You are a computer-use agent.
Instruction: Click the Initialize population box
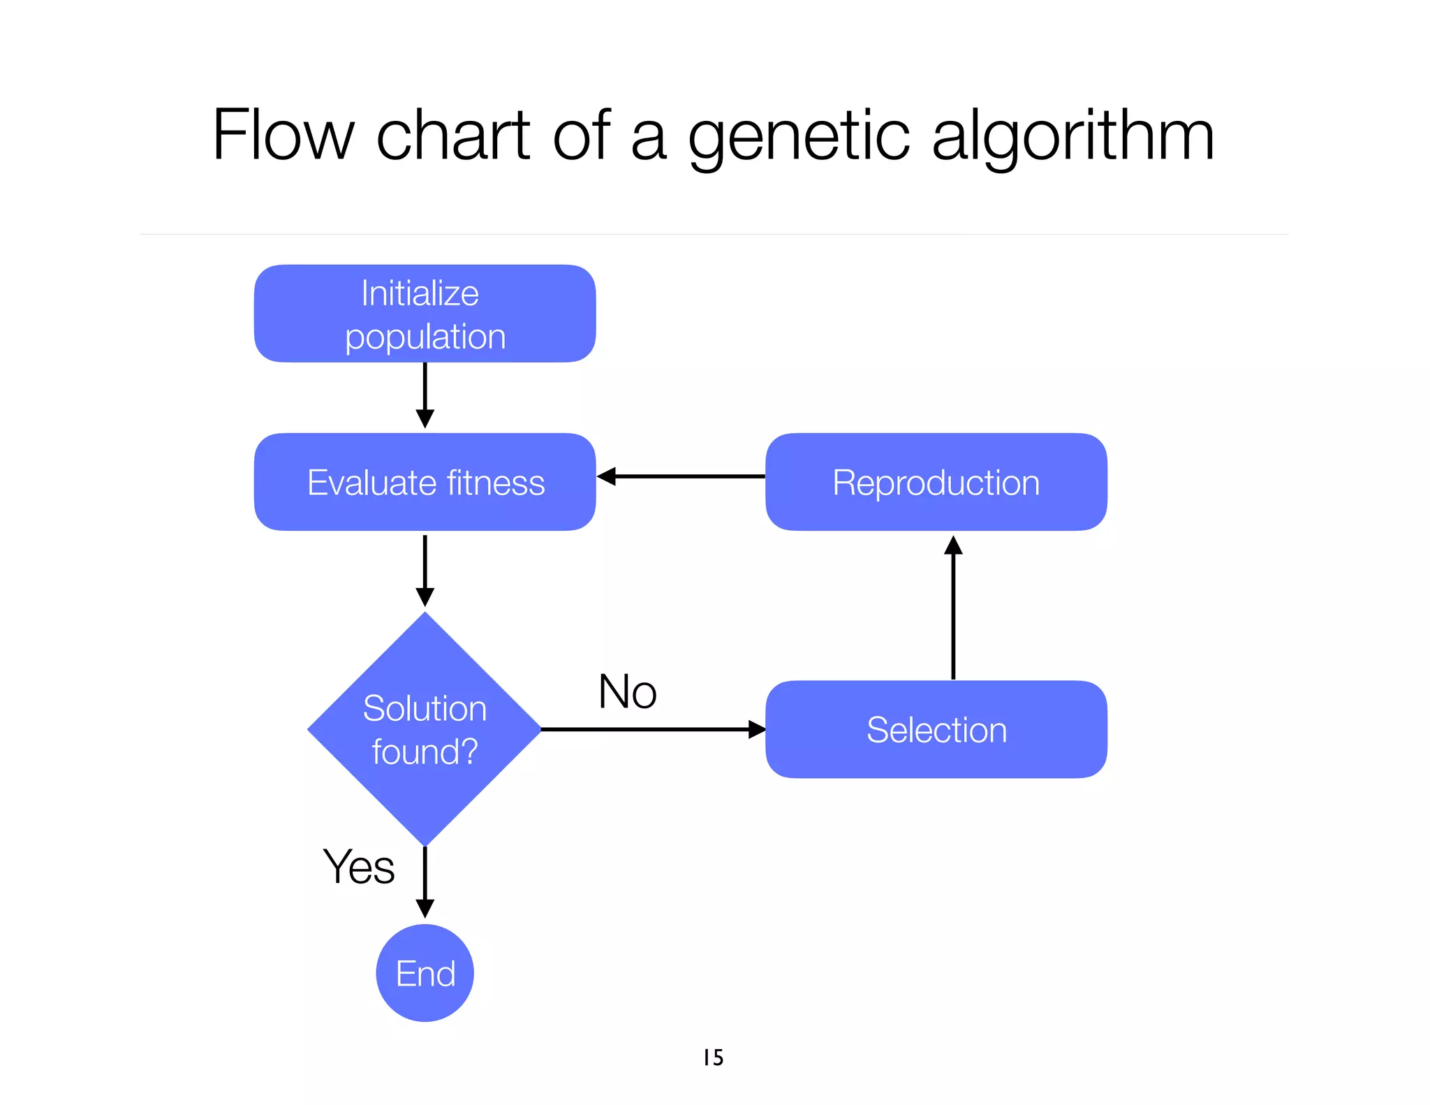pos(425,314)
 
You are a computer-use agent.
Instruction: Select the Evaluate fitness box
pos(425,482)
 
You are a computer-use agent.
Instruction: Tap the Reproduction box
pos(936,482)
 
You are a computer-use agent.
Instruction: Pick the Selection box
pos(936,729)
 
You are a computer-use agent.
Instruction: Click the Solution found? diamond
pos(425,729)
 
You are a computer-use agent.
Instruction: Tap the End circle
pos(425,972)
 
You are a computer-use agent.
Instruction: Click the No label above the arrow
pos(627,691)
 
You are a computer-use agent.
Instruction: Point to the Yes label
pos(358,867)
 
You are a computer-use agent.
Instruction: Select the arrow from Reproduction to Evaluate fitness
pos(681,476)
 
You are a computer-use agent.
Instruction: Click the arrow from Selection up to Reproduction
pos(953,608)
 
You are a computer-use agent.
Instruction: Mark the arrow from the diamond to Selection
pos(653,729)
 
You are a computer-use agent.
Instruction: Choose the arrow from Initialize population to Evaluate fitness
pos(425,395)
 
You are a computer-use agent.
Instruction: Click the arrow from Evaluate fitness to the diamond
pos(425,570)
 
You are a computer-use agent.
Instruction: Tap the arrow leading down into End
pos(425,881)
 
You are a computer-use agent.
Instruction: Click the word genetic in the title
pos(799,136)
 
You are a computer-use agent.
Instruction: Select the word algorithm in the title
pos(1073,136)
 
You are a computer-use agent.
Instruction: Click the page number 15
pos(713,1058)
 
